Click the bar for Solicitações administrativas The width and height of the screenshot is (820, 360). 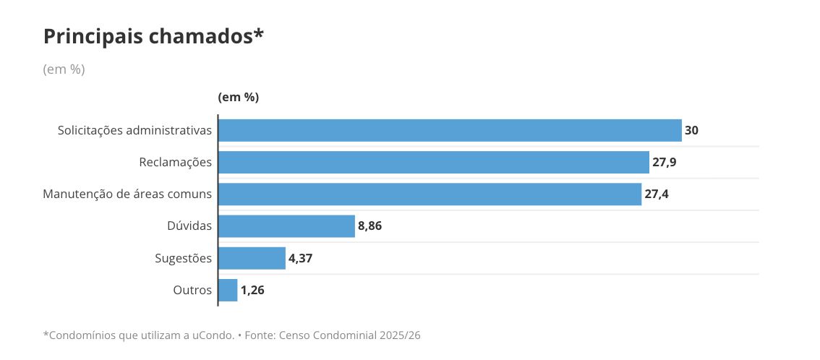pos(450,130)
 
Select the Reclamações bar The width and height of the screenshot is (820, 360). pos(433,162)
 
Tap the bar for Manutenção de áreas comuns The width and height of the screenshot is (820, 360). pos(430,194)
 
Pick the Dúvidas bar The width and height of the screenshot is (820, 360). pos(286,226)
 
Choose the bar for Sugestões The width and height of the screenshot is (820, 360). pos(252,258)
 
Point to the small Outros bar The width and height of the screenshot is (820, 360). pos(228,290)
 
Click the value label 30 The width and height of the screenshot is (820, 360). pos(692,130)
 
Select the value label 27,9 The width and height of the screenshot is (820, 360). pos(665,162)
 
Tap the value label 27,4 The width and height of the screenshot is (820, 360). pos(657,194)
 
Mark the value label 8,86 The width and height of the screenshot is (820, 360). pos(370,226)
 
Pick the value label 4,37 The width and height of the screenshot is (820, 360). pos(301,258)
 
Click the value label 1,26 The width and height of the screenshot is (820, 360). pos(252,290)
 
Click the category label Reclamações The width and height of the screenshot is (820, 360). pos(176,162)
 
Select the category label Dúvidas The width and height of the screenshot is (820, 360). pos(189,226)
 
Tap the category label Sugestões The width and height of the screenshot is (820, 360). pos(184,258)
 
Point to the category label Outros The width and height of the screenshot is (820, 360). pos(192,290)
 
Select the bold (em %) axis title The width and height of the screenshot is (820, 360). pos(238,97)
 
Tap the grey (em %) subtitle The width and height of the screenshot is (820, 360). pos(64,69)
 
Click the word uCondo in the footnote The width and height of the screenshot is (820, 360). pos(214,335)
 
